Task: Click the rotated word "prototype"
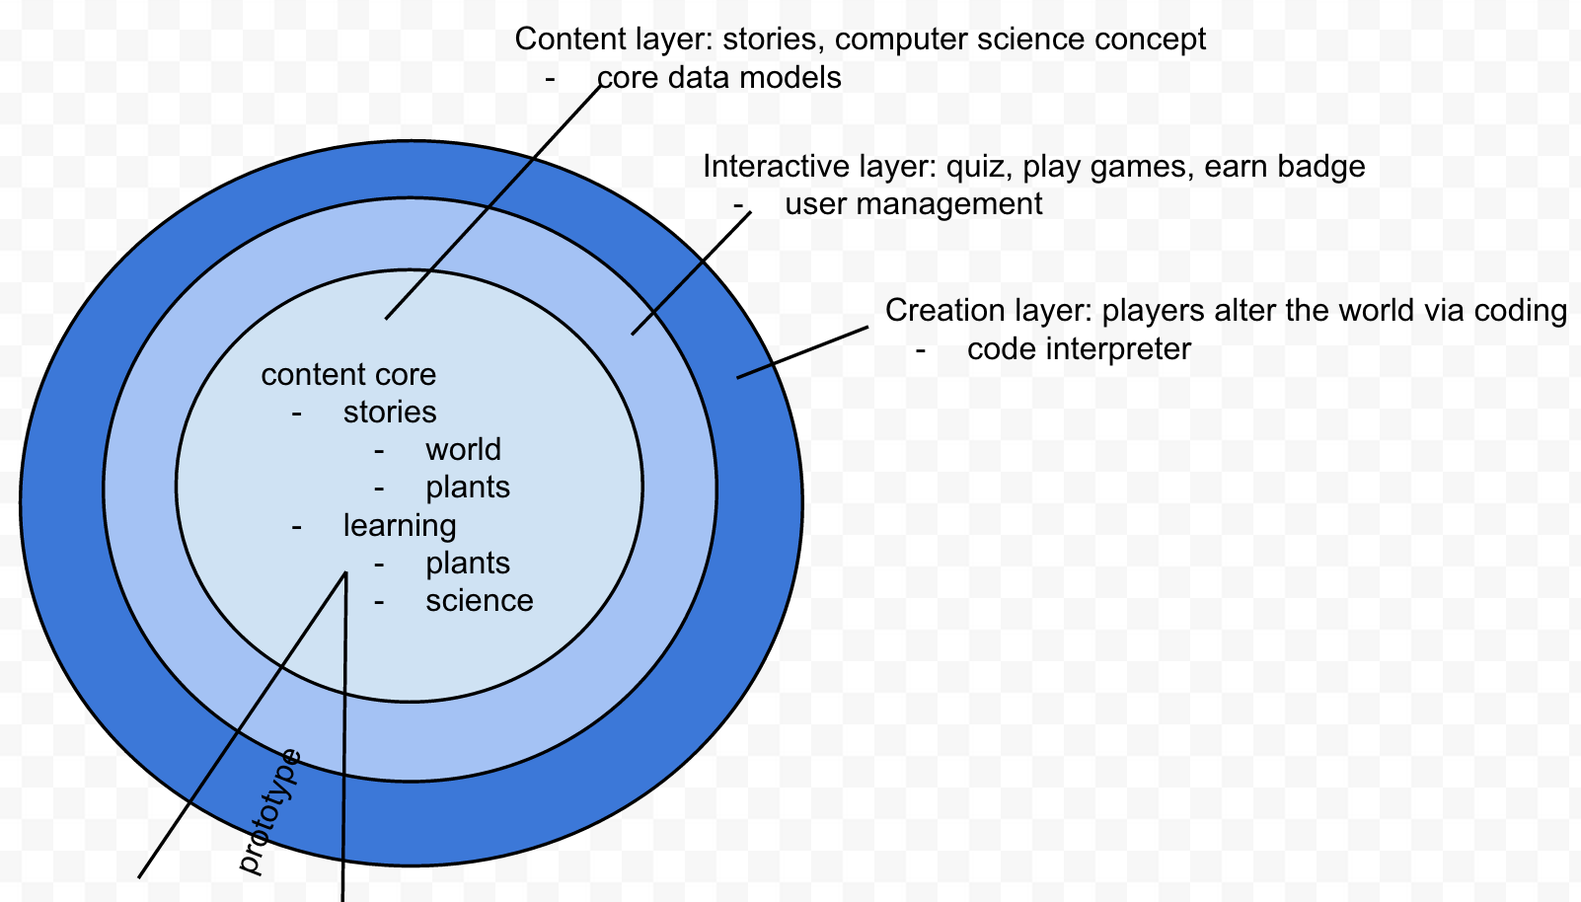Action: coord(269,811)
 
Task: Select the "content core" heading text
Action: coord(348,375)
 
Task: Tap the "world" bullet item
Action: coord(463,450)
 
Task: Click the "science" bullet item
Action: coord(479,601)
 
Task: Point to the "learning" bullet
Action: coord(399,526)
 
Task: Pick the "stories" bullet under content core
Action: coord(390,413)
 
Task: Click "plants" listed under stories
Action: coord(468,488)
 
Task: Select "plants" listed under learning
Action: coord(468,564)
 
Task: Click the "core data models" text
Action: coord(718,78)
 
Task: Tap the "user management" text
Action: coord(913,204)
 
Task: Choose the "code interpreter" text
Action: coord(1079,349)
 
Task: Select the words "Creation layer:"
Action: coord(988,311)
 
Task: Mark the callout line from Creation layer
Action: coord(802,352)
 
